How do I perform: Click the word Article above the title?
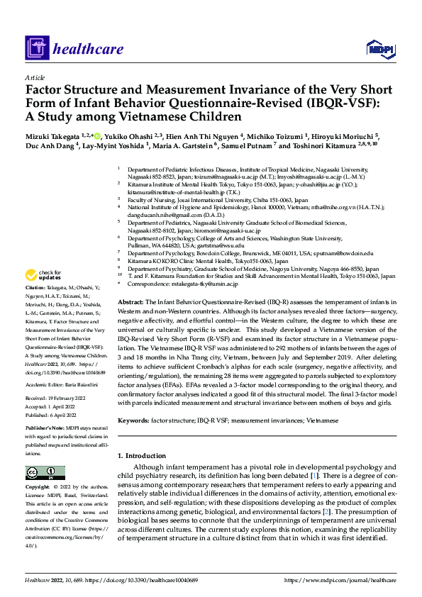point(35,77)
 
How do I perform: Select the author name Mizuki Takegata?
point(53,135)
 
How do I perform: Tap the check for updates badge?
point(43,275)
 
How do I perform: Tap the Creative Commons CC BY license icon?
point(45,472)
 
